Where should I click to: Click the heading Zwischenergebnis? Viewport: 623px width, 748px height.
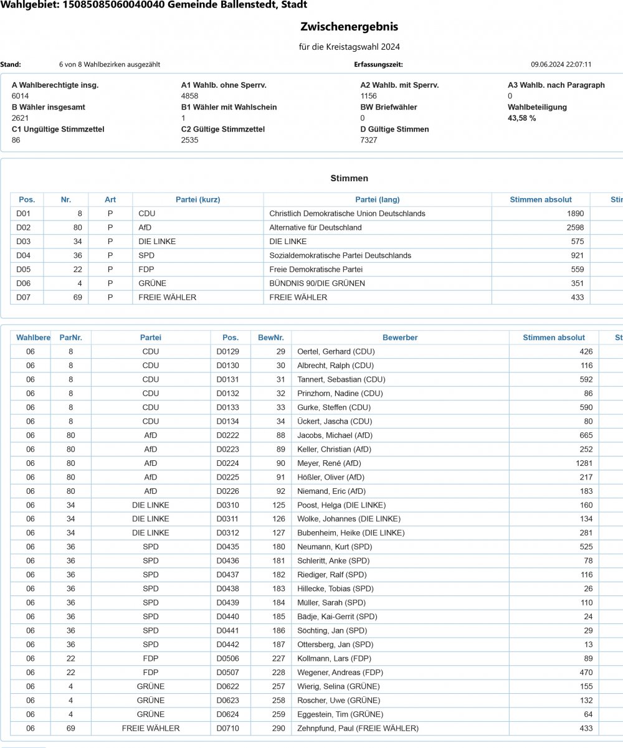pyautogui.click(x=349, y=27)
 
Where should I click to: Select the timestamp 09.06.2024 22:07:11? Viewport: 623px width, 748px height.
pyautogui.click(x=561, y=64)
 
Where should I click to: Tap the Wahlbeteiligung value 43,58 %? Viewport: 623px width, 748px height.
pyautogui.click(x=522, y=118)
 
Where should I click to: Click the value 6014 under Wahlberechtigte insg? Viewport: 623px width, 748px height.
pyautogui.click(x=21, y=96)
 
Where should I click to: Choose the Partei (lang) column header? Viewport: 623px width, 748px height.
pyautogui.click(x=377, y=199)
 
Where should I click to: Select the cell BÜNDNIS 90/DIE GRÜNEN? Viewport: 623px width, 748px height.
pyautogui.click(x=317, y=283)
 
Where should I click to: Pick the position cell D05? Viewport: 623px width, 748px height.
pyautogui.click(x=23, y=270)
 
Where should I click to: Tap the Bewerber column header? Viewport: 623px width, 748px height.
pyautogui.click(x=400, y=338)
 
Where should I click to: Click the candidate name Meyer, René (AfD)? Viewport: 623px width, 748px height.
pyautogui.click(x=329, y=463)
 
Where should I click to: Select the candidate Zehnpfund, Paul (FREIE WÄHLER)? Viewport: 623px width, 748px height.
pyautogui.click(x=358, y=728)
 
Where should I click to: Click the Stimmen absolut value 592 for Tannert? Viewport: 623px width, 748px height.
pyautogui.click(x=586, y=379)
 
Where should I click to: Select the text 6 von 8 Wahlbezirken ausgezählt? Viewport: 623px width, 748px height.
pyautogui.click(x=105, y=64)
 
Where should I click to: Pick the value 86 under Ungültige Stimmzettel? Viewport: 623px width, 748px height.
pyautogui.click(x=16, y=140)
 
